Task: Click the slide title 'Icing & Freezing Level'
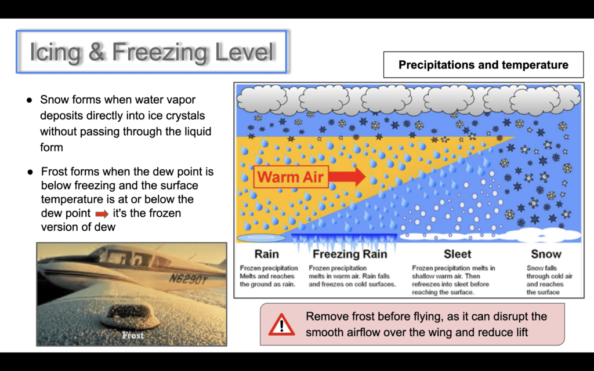(151, 52)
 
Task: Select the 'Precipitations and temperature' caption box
(483, 65)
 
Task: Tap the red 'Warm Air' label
(291, 177)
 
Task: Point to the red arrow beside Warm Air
(347, 176)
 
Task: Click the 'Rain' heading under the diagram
(266, 254)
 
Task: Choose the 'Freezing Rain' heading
(350, 254)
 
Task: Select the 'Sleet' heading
(457, 254)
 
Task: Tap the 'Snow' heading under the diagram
(546, 254)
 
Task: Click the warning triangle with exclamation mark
(281, 325)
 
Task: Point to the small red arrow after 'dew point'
(102, 214)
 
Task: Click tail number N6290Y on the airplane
(189, 279)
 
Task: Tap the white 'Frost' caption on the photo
(133, 336)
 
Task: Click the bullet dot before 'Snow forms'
(29, 100)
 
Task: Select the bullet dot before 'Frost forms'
(30, 172)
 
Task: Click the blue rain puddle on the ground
(261, 238)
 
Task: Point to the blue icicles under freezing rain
(344, 242)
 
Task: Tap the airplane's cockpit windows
(129, 258)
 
